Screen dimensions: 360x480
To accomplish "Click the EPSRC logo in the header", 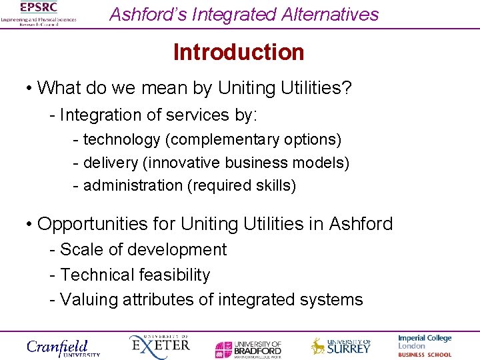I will coord(39,13).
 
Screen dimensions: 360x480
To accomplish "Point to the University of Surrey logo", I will coord(340,346).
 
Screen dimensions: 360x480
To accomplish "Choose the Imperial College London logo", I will coord(425,346).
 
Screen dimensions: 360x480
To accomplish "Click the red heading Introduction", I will coord(239,52).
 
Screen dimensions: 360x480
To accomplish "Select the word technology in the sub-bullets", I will coord(121,140).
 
